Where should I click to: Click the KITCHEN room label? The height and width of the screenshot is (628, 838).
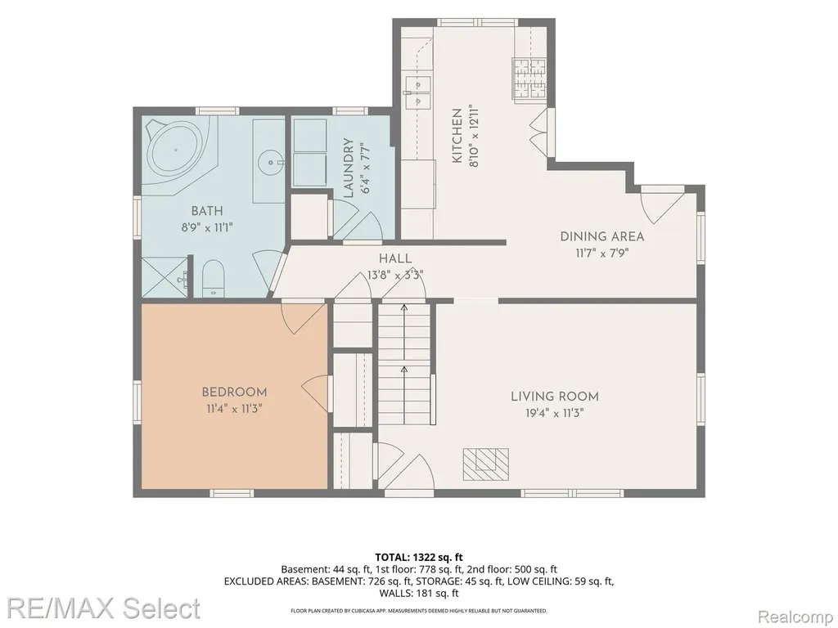tap(457, 136)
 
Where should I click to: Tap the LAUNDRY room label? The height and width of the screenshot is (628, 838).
tap(349, 168)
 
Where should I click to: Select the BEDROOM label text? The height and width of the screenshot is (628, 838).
tap(234, 392)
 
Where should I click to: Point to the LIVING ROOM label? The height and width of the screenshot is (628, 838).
tap(555, 397)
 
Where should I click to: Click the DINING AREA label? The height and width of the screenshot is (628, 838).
tap(602, 236)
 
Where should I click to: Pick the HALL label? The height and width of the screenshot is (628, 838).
tap(395, 259)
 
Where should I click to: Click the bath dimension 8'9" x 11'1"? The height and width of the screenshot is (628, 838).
tap(207, 227)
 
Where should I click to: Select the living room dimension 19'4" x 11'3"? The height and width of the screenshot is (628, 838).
tap(554, 413)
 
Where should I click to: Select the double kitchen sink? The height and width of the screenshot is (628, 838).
tap(418, 93)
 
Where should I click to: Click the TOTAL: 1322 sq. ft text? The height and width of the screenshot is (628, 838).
tap(419, 558)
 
